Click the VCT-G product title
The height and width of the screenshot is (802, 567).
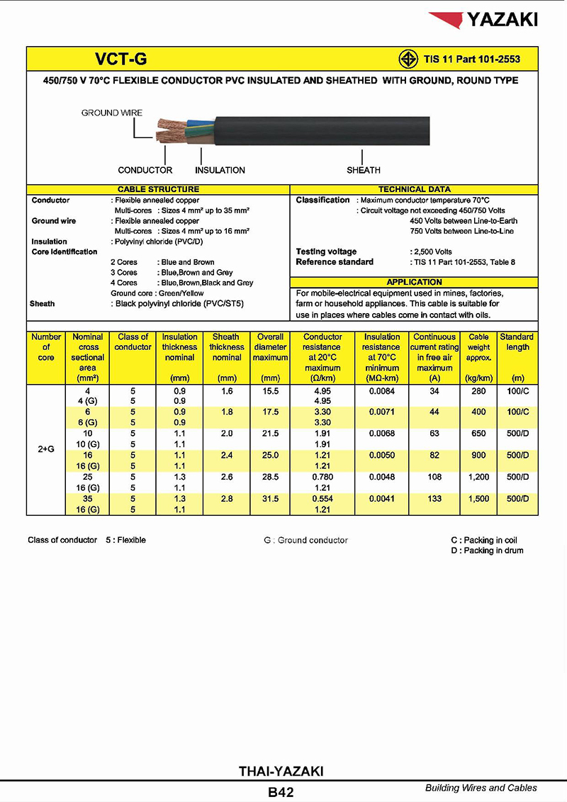tap(121, 59)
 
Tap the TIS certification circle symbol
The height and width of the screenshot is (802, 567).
tap(406, 59)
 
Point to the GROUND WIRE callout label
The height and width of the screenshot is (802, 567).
tap(111, 113)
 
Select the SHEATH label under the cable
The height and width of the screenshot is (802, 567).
tap(364, 170)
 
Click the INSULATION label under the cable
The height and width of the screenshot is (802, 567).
tap(220, 170)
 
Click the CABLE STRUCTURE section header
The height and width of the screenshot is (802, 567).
tap(158, 189)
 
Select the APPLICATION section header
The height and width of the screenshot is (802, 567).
tap(415, 282)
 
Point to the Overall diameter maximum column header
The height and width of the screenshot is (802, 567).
tap(270, 347)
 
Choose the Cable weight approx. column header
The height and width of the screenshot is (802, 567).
tap(478, 347)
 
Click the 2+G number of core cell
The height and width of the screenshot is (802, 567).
tap(46, 448)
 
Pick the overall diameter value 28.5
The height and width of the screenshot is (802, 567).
tap(270, 478)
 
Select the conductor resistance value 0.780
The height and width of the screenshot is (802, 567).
tap(322, 478)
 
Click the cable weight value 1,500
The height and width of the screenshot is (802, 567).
tap(478, 499)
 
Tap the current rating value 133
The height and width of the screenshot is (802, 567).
tap(434, 499)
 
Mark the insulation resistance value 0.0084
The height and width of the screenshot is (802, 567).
tap(381, 391)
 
